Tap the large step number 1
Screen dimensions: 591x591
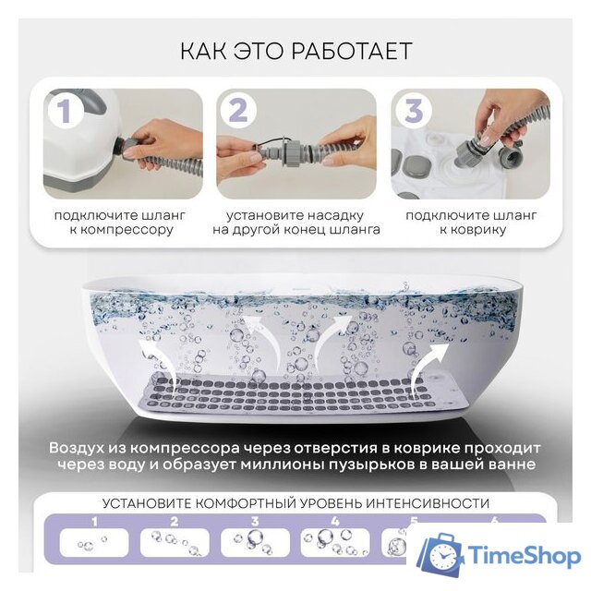tap(65, 111)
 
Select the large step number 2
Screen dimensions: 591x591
tap(238, 111)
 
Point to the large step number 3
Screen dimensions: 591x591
tap(413, 111)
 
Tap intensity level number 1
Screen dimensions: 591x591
tap(92, 522)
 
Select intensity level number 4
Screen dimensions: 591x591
tap(333, 522)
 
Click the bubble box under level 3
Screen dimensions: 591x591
tap(252, 543)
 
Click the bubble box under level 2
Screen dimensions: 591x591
tap(173, 543)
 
